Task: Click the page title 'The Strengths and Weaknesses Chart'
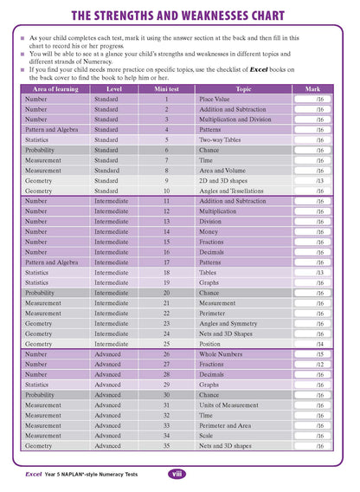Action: pyautogui.click(x=180, y=16)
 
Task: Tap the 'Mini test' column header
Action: pyautogui.click(x=166, y=89)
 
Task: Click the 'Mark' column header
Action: pyautogui.click(x=312, y=89)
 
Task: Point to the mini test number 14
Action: pyautogui.click(x=166, y=232)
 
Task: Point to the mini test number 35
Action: pyautogui.click(x=166, y=446)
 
